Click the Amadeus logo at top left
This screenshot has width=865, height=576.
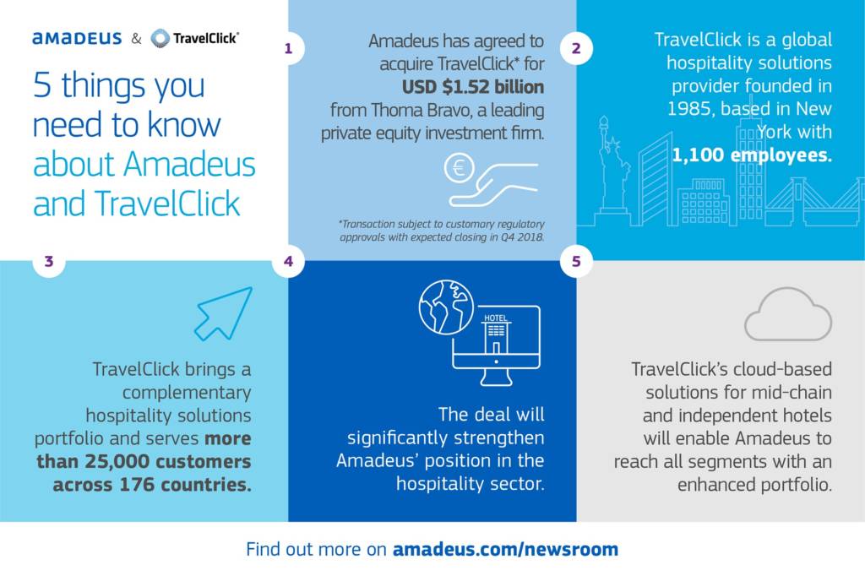tap(77, 38)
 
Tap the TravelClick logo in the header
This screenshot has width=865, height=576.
tap(194, 38)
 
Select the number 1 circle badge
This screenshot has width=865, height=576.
tap(288, 48)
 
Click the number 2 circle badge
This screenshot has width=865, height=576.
tap(576, 48)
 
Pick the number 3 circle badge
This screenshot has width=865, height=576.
tap(48, 261)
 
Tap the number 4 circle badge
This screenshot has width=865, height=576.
tap(288, 261)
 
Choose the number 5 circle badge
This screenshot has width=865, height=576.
tap(576, 261)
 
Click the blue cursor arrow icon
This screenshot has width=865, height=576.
tap(224, 312)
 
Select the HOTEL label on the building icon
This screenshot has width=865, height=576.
tap(495, 318)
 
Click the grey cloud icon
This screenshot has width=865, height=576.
tap(788, 314)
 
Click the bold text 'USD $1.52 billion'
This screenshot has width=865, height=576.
tap(473, 87)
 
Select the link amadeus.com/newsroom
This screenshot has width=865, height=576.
tap(505, 549)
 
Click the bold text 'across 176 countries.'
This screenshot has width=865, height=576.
tap(152, 485)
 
